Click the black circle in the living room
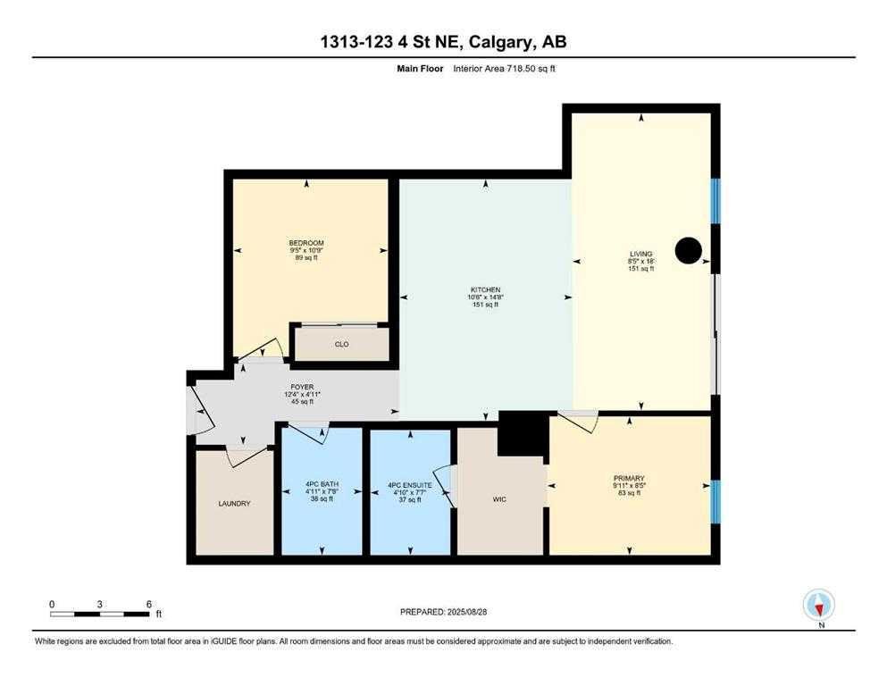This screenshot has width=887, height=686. (x=689, y=250)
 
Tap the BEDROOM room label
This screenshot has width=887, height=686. (x=306, y=243)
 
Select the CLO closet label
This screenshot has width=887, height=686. (x=342, y=345)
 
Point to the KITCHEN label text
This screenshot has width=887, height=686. (x=485, y=289)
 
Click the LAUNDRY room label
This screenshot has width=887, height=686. (x=234, y=503)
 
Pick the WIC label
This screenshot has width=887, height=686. (x=499, y=499)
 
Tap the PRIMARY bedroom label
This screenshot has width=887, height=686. (x=629, y=479)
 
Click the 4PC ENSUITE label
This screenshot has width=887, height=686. (x=410, y=485)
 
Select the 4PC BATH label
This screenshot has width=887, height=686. (x=322, y=484)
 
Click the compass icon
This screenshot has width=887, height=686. (x=818, y=605)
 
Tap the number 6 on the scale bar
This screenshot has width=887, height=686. (x=149, y=604)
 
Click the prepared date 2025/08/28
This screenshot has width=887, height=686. (x=466, y=612)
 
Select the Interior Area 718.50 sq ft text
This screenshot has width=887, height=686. (x=504, y=69)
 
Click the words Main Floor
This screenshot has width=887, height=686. (x=420, y=69)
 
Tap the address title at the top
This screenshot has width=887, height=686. (x=443, y=42)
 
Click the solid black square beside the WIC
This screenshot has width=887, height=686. (x=523, y=433)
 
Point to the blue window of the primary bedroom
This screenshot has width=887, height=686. (x=715, y=502)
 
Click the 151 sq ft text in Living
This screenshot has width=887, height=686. (x=641, y=269)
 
